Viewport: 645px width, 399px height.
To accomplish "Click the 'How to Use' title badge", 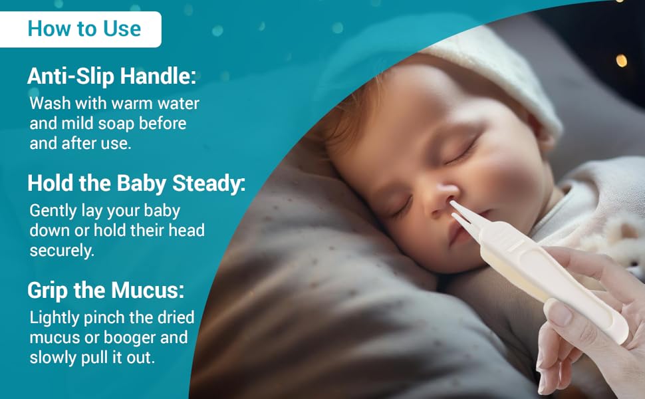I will (x=84, y=29).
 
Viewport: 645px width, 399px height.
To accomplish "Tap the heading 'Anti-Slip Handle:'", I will (x=112, y=76).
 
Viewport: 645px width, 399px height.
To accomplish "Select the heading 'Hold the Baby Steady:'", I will (x=136, y=183).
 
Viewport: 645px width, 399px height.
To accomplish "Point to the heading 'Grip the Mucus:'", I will (x=106, y=290).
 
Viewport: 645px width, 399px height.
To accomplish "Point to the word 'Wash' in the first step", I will (x=47, y=104).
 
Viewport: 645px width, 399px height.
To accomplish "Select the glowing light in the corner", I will (x=621, y=61).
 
